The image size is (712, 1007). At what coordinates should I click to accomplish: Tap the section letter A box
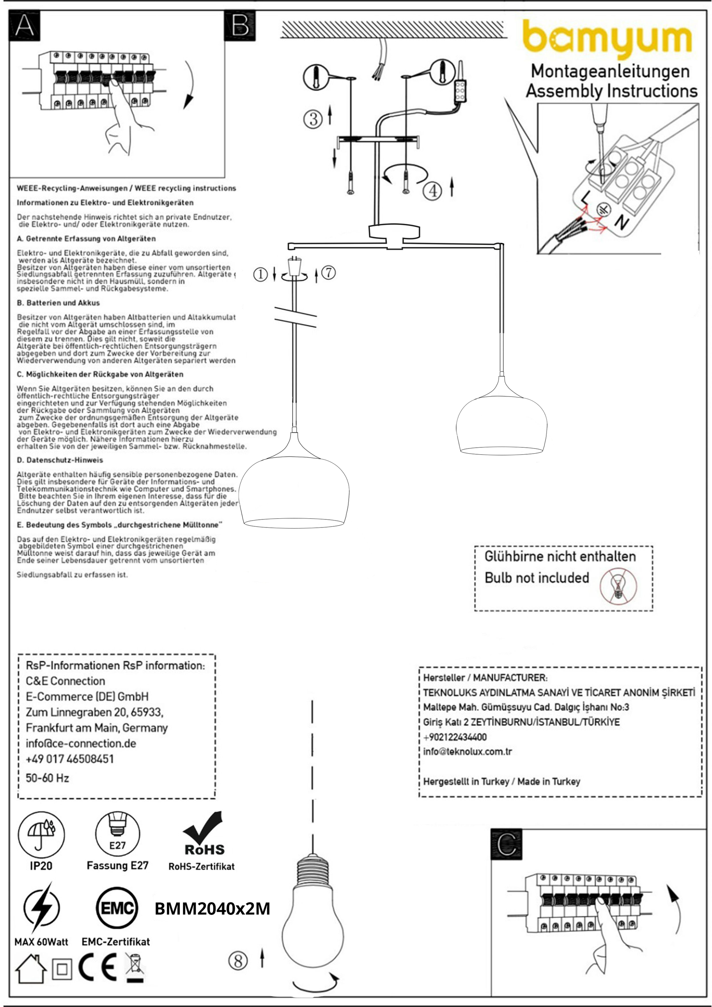(x=25, y=26)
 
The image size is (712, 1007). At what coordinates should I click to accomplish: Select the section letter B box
(x=240, y=26)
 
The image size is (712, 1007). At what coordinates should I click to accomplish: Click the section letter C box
(x=507, y=844)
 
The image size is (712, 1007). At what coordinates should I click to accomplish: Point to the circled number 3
(x=313, y=119)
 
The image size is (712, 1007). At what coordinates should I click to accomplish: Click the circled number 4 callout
(x=433, y=191)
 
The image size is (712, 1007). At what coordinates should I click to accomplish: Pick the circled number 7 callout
(x=329, y=273)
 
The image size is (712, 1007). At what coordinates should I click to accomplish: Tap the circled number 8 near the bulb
(x=238, y=961)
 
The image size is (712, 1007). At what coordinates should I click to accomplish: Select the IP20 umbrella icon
(x=41, y=835)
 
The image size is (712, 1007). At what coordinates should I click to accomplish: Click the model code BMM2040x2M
(x=212, y=909)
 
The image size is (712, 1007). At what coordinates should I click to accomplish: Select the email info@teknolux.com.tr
(x=468, y=752)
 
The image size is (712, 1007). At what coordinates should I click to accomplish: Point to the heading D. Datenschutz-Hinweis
(x=60, y=460)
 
